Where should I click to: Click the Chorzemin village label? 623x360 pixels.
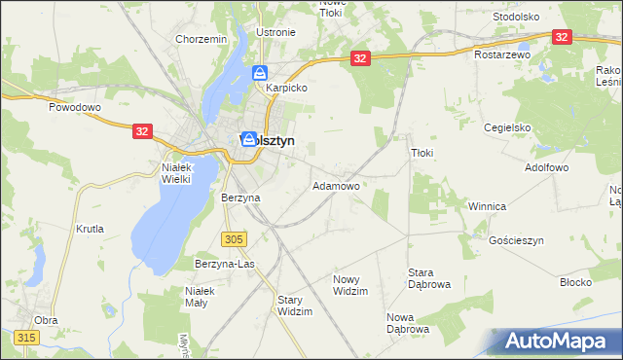202,39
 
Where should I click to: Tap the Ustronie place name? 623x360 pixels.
275,32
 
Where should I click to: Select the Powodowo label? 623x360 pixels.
76,107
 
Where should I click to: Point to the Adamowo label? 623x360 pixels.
336,186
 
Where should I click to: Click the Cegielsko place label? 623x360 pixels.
507,127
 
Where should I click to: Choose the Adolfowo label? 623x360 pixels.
546,167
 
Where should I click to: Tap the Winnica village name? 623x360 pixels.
487,207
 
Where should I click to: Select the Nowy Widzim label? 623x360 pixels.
352,285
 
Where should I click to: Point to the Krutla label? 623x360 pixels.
90,230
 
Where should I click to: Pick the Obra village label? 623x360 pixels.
46,320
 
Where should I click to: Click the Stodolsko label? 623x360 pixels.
516,17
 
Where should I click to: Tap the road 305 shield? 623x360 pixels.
233,239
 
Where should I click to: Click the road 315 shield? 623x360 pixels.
25,338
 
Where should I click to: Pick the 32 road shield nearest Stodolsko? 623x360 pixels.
562,36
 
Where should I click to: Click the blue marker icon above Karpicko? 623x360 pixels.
261,72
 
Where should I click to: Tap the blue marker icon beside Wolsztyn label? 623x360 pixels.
249,140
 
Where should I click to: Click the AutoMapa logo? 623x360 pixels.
556,341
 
